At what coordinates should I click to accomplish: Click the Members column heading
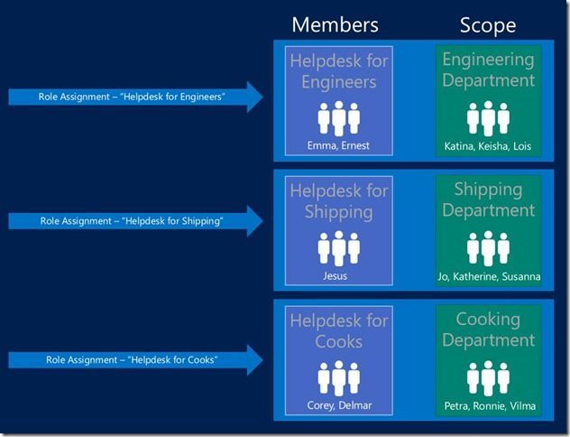(x=335, y=24)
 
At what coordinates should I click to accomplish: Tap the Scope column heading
(x=488, y=25)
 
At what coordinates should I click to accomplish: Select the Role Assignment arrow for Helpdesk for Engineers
(x=135, y=97)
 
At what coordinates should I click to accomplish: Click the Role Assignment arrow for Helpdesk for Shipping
(x=135, y=221)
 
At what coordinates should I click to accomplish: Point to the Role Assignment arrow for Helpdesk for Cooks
(x=135, y=360)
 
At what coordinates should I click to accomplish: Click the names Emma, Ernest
(x=338, y=145)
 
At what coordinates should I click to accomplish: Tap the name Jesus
(x=336, y=275)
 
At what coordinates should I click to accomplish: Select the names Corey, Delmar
(x=339, y=405)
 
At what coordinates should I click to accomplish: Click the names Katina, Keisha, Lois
(x=488, y=146)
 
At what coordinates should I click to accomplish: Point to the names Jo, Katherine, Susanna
(x=489, y=276)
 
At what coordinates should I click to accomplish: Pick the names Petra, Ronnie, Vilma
(x=490, y=405)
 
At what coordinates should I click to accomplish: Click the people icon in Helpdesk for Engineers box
(x=339, y=118)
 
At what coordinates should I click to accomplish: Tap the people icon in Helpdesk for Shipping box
(x=339, y=248)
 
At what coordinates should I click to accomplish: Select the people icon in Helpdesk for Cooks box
(x=339, y=378)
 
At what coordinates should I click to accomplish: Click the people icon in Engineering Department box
(x=488, y=118)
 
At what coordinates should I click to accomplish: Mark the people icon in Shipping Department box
(x=488, y=248)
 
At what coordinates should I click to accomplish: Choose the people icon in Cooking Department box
(x=488, y=378)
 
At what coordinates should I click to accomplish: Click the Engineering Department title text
(x=488, y=70)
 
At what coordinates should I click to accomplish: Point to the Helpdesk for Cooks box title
(x=339, y=331)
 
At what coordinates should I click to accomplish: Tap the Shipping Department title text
(x=488, y=200)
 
